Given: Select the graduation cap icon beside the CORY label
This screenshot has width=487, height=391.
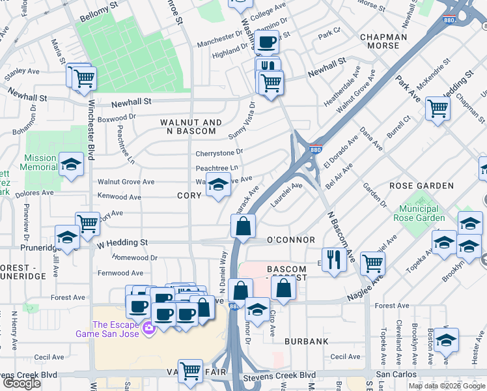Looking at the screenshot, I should (219, 186).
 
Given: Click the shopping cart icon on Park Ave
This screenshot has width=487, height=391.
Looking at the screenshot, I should (438, 108).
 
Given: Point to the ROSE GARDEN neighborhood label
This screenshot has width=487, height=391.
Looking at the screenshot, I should (420, 186).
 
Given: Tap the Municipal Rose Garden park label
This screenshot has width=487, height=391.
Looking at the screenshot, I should (421, 213).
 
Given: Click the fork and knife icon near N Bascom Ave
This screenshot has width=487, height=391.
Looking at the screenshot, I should (334, 259).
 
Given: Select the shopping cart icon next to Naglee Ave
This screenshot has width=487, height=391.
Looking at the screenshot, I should (372, 263).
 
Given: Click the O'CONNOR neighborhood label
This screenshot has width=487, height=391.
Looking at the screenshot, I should (291, 240).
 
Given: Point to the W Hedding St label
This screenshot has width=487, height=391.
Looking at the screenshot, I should (122, 242).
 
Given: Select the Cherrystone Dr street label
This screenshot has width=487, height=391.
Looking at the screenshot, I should (219, 153).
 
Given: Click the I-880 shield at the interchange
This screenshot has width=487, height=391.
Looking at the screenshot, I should (315, 149).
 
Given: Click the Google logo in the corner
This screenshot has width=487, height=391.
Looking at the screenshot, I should (21, 383).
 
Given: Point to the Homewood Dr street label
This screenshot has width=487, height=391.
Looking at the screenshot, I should (135, 257).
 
